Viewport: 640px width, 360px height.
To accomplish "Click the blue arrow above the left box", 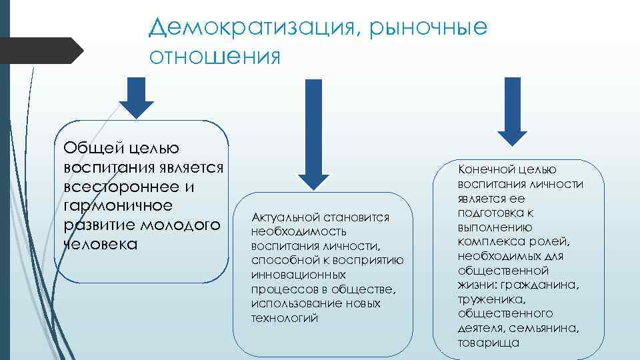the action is [137, 96].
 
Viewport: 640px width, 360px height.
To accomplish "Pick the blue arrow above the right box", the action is [511, 109].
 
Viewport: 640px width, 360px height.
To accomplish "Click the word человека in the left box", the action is [101, 244].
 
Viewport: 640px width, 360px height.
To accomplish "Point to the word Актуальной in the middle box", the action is [283, 218].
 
